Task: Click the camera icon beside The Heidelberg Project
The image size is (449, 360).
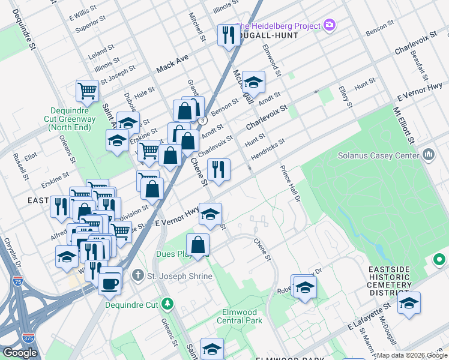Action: coord(329,25)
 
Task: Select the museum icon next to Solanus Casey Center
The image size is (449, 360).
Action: coord(429,156)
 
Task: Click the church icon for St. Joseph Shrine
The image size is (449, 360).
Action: coord(138,275)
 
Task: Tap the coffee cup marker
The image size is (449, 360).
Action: coord(109,283)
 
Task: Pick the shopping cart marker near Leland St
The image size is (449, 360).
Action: coord(87,92)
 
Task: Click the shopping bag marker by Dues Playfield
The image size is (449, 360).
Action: coord(197,245)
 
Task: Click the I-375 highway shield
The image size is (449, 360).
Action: coord(28,338)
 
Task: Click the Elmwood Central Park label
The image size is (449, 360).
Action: coord(240,316)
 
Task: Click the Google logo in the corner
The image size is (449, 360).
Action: coord(20,352)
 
